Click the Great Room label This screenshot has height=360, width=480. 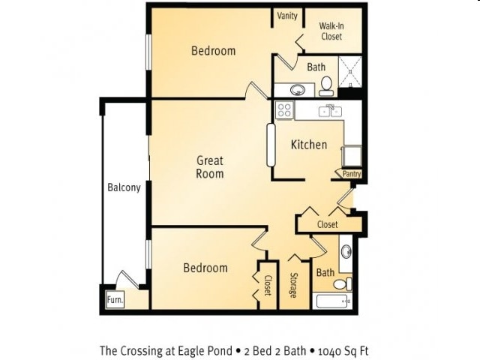pos(210,167)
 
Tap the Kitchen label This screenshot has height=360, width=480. pos(309,145)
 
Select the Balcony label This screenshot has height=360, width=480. pos(124,187)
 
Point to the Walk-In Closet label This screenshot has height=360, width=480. pos(331,31)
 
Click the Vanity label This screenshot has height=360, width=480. pos(287,16)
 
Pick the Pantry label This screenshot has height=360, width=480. pos(352,174)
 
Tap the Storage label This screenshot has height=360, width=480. pos(293,285)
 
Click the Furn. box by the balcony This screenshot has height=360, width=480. pos(115,299)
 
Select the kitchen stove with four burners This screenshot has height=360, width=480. pos(284,110)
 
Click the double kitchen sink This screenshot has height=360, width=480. pos(330,112)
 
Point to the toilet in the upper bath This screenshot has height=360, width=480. pos(326,86)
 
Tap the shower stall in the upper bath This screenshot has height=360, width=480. pos(350,72)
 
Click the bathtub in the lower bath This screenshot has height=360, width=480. pos(331,301)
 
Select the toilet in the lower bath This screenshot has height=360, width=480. pos(343,284)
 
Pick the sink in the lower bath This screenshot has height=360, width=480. pos(346,252)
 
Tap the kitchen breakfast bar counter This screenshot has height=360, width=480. pos(271,145)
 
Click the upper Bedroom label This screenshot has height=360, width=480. pos(213,51)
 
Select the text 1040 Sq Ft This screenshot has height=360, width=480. pos(343,351)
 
